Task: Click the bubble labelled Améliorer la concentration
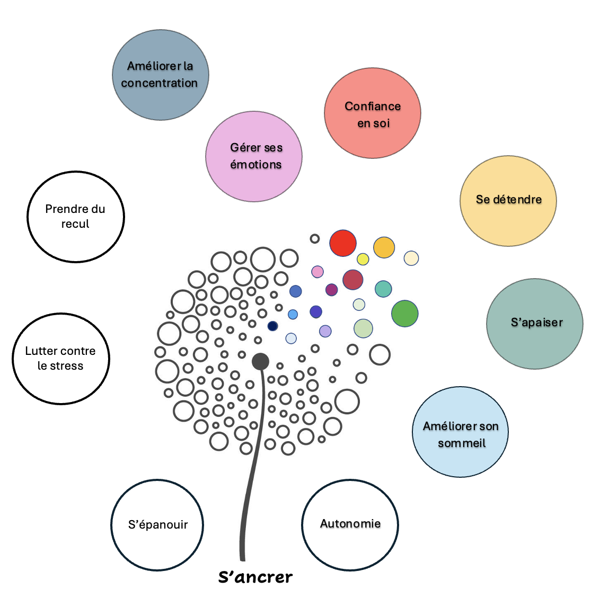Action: coord(160,75)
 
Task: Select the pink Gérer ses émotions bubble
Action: coord(254,156)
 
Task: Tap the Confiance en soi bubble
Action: coord(373,113)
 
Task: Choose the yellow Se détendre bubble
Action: coord(508,201)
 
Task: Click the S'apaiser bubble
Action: coord(535,324)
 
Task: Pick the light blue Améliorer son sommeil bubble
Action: coord(460,432)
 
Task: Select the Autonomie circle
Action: coord(350,525)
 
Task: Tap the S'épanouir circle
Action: coord(157,525)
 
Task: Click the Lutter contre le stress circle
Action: coord(61,359)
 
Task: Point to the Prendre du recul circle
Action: coord(76,217)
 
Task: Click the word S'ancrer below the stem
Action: coord(255,577)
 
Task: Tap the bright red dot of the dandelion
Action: coord(343,243)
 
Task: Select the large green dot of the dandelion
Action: coord(405,313)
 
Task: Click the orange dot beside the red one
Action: coord(384,247)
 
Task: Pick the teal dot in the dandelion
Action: coord(383,289)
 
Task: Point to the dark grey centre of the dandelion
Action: coord(260,361)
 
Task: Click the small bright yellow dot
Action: coord(363,259)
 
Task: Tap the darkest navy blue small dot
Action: coord(272,326)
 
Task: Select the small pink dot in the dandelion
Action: coord(317,272)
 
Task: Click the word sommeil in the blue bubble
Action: coord(462,443)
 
